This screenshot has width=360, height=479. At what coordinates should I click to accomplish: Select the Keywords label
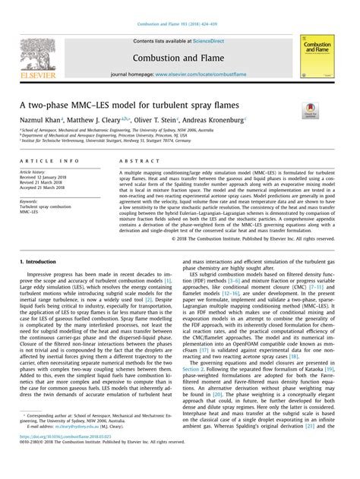pyautogui.click(x=31, y=202)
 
